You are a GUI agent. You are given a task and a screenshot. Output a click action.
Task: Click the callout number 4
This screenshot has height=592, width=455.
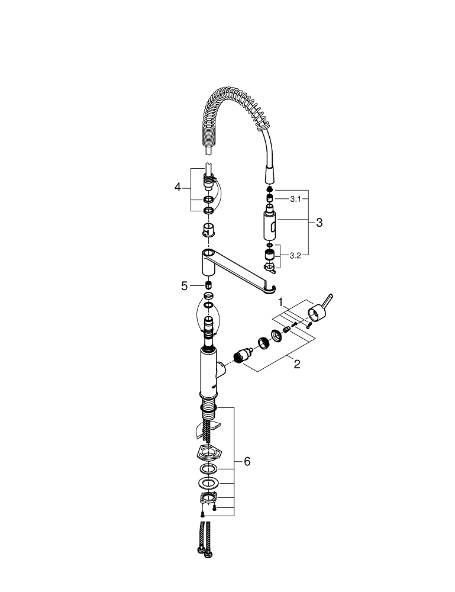tap(178, 187)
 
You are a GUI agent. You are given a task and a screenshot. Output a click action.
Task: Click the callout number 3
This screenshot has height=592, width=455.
tap(319, 223)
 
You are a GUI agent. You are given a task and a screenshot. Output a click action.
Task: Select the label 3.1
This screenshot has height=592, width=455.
tap(295, 199)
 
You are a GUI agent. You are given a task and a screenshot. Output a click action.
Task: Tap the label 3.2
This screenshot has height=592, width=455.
tap(295, 256)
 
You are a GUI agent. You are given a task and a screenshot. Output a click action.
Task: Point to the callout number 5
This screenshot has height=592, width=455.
tap(184, 286)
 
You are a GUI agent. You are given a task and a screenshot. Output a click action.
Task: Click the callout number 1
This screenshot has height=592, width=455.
tap(280, 302)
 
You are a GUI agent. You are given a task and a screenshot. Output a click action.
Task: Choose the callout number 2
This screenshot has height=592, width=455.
tap(297, 364)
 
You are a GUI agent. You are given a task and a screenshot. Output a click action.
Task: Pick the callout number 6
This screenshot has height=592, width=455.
tap(247, 461)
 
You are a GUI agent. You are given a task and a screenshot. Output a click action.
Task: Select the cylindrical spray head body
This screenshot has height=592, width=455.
tap(270, 226)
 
